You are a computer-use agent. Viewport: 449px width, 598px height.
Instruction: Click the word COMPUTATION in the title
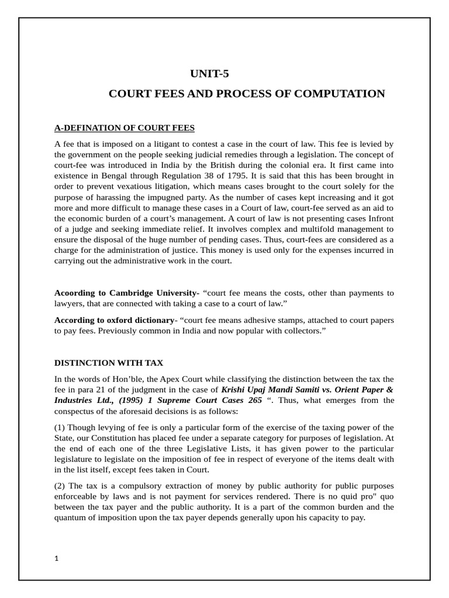tap(350, 94)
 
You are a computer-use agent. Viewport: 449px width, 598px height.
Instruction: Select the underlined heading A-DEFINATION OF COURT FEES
tap(125, 127)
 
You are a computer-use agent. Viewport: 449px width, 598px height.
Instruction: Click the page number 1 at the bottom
tap(57, 558)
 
